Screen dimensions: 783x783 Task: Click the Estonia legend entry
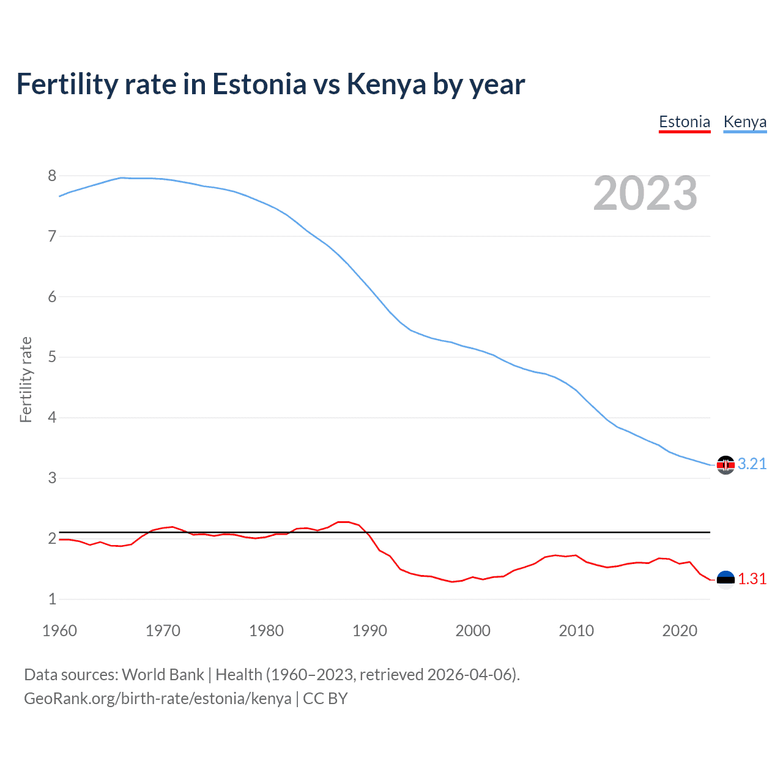[x=684, y=122]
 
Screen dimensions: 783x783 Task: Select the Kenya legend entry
[x=744, y=122]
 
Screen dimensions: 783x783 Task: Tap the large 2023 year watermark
[x=645, y=194]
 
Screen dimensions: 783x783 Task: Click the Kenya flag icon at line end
[x=725, y=465]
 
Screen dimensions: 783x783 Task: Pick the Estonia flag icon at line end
[x=725, y=579]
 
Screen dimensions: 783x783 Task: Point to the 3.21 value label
[x=752, y=464]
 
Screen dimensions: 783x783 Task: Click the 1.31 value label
[x=752, y=579]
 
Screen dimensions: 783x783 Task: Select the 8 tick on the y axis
[x=52, y=176]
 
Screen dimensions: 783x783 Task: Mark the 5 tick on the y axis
[x=52, y=357]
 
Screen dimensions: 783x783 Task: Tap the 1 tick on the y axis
[x=52, y=599]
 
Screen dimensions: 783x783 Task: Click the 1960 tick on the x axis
[x=59, y=631]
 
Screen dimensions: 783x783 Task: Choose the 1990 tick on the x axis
[x=369, y=631]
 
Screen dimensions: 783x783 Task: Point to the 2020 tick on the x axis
[x=680, y=631]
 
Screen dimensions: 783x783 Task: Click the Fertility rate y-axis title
[x=26, y=379]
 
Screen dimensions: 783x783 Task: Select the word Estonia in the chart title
[x=259, y=84]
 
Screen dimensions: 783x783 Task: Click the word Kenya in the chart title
[x=386, y=84]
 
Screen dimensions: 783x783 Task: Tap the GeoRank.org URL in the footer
[x=157, y=699]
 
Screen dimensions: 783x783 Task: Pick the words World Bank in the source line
[x=163, y=675]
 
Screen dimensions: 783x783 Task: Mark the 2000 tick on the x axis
[x=473, y=631]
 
